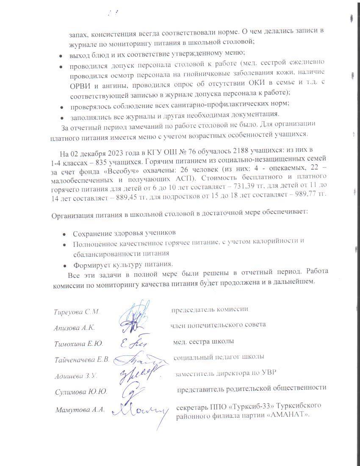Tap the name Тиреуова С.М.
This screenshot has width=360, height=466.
click(77, 312)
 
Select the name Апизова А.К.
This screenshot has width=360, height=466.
click(74, 327)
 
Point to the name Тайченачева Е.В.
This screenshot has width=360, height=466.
click(82, 360)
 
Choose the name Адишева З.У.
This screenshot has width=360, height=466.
click(76, 376)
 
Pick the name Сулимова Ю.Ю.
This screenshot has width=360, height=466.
click(80, 392)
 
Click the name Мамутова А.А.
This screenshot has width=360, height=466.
click(80, 410)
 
